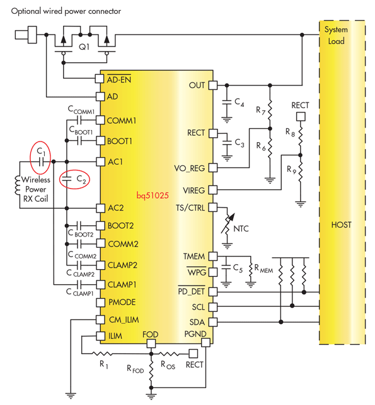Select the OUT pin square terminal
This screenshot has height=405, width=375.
212,85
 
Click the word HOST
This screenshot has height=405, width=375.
343,225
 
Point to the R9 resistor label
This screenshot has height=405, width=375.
291,169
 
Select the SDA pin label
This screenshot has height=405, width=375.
198,322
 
